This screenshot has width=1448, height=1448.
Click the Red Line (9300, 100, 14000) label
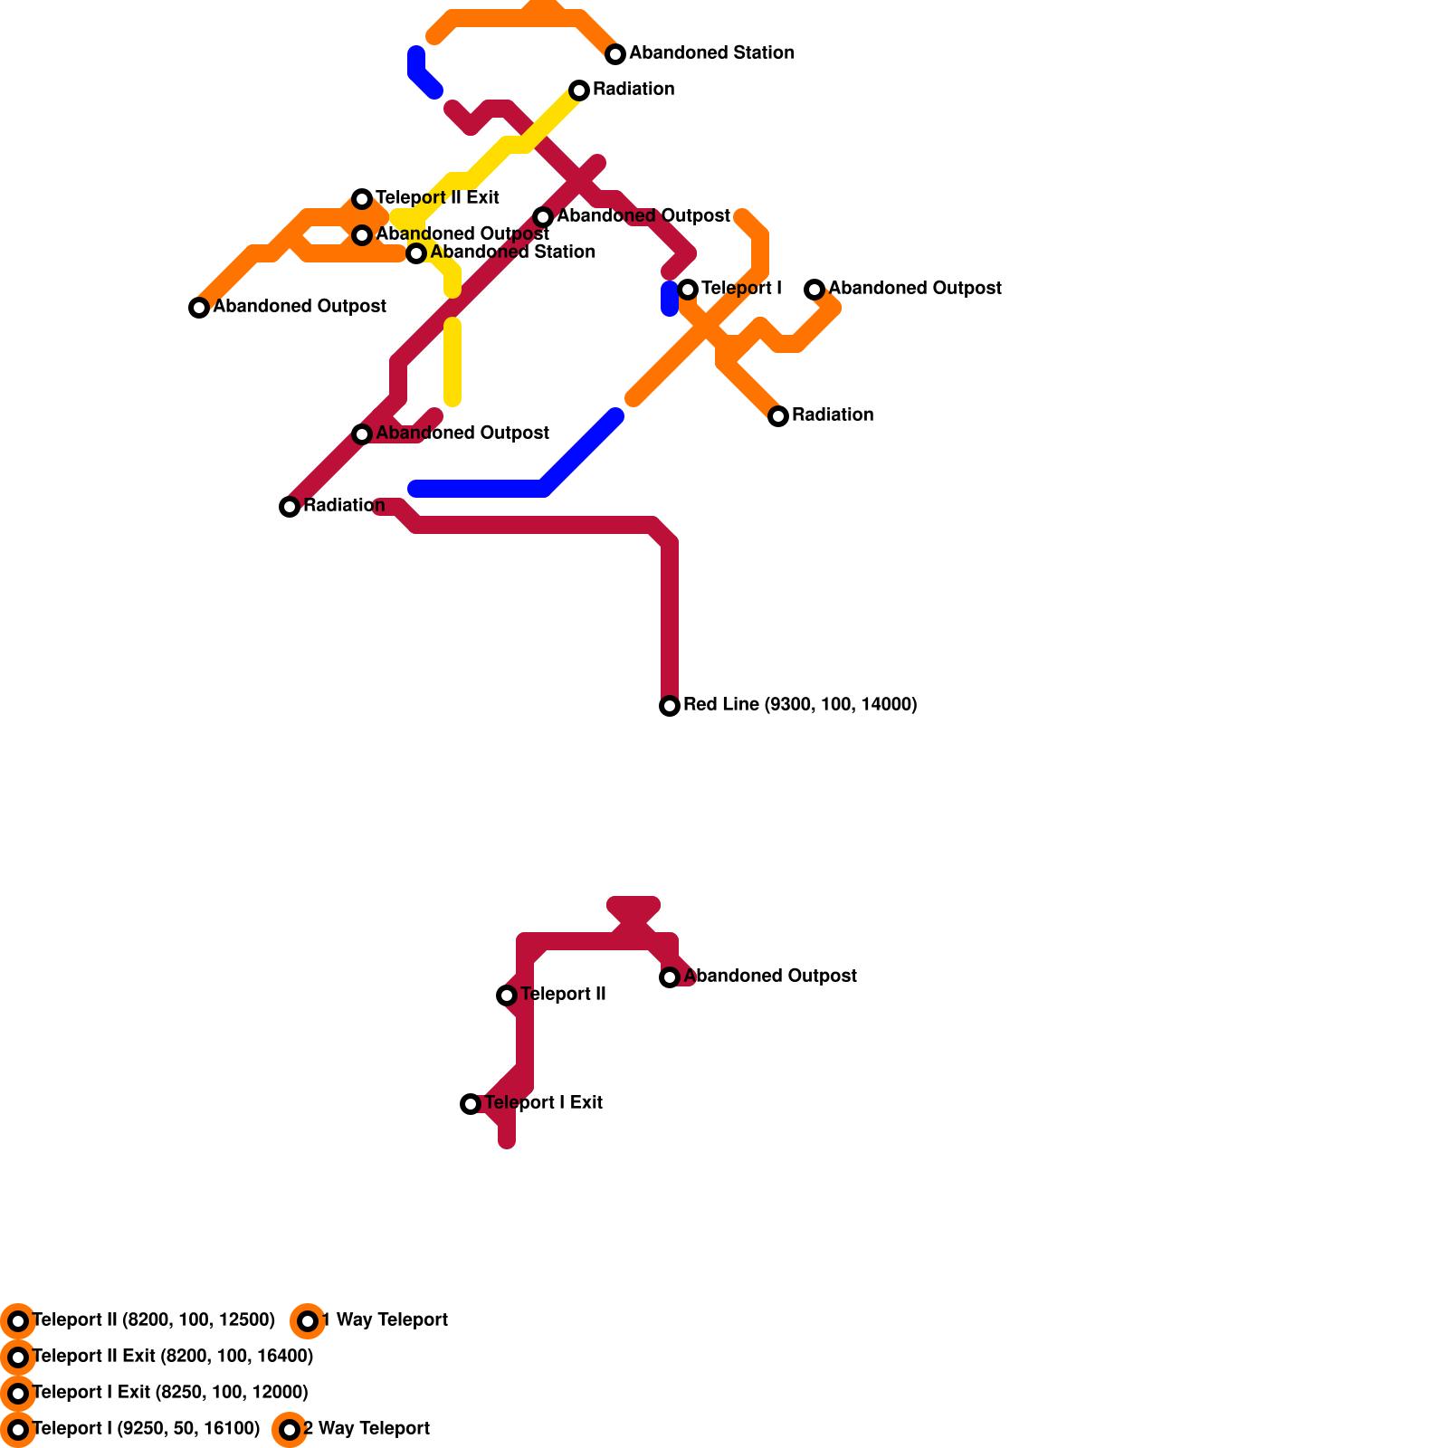click(x=800, y=705)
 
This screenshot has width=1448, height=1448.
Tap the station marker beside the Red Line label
click(x=670, y=706)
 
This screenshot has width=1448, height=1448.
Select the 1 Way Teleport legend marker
click(x=308, y=1321)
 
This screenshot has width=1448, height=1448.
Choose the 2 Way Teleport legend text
click(x=367, y=1429)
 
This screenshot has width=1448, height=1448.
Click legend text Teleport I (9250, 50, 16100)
click(x=146, y=1429)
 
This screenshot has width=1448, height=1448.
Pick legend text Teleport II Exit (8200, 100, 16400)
click(x=173, y=1357)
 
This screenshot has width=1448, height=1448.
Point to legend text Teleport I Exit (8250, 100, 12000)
click(x=170, y=1393)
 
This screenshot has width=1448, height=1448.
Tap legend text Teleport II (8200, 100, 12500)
click(x=154, y=1320)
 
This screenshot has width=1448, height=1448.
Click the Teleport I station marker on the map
click(x=688, y=290)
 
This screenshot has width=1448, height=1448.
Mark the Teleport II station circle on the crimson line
click(x=507, y=995)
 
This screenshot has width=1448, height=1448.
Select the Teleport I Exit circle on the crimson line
click(x=471, y=1104)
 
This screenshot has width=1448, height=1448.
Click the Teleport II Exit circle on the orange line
click(x=362, y=199)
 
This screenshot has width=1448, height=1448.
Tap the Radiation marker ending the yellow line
click(x=579, y=90)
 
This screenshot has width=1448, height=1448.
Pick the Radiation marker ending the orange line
click(x=778, y=416)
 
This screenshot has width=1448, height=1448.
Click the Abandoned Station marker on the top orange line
click(x=615, y=54)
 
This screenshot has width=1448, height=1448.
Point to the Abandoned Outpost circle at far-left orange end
click(x=199, y=308)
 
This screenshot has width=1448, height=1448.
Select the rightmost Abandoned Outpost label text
click(x=915, y=289)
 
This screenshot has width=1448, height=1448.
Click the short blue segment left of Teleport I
click(x=670, y=299)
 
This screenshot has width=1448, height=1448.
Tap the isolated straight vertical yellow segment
click(x=452, y=362)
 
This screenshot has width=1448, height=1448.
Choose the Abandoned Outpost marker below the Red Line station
click(x=670, y=977)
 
